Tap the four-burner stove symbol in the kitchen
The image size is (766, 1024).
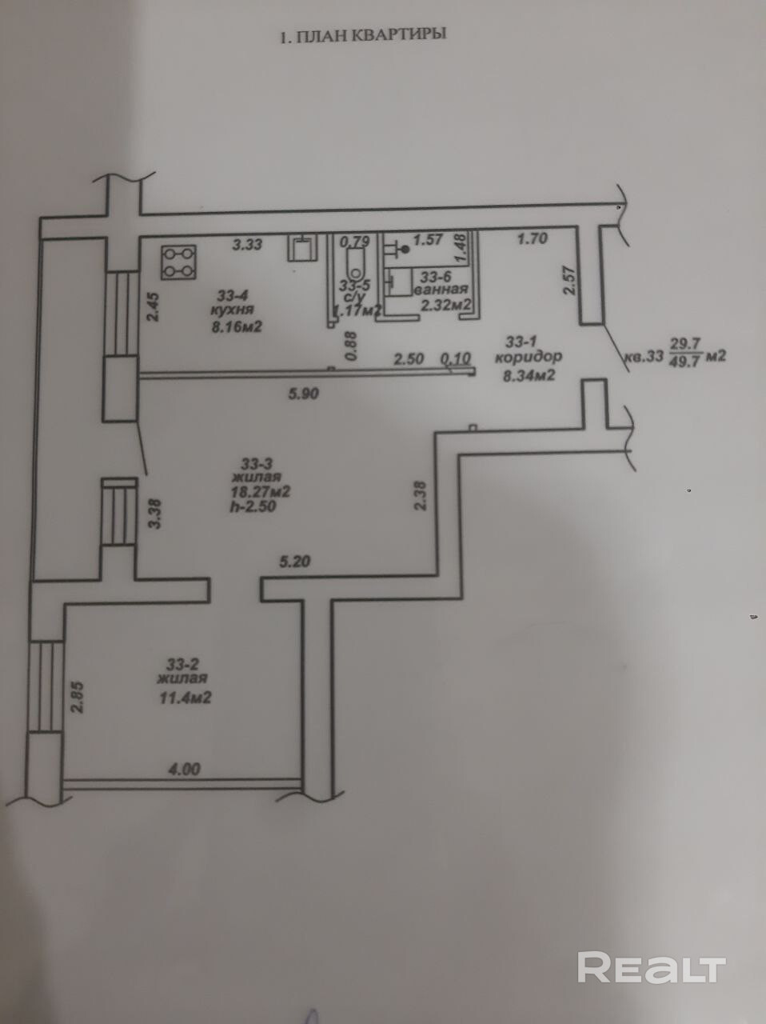[178, 262]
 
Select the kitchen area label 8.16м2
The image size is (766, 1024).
[237, 326]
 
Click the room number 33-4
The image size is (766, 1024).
[233, 294]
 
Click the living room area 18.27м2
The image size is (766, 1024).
[260, 491]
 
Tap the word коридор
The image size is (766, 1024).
[529, 357]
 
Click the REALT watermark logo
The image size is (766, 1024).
[651, 967]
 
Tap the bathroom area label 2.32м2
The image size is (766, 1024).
[445, 303]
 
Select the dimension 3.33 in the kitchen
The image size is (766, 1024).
[248, 246]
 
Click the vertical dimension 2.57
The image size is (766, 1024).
[569, 280]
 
